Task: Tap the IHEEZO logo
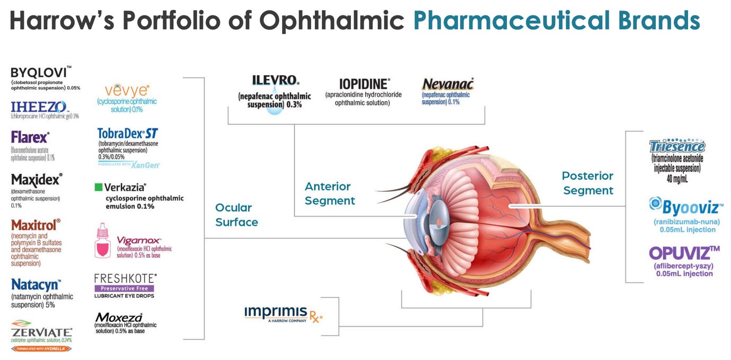tap(39, 107)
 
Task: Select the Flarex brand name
tap(30, 138)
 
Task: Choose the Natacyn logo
tap(36, 284)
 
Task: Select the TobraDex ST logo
tap(128, 133)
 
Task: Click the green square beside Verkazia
tap(98, 187)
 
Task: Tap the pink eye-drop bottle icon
tap(102, 241)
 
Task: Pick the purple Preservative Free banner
tap(125, 288)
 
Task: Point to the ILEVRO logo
tap(275, 81)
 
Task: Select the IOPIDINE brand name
tap(364, 84)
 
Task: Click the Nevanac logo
tap(447, 84)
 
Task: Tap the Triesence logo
tap(677, 146)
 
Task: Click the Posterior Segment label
tap(587, 183)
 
